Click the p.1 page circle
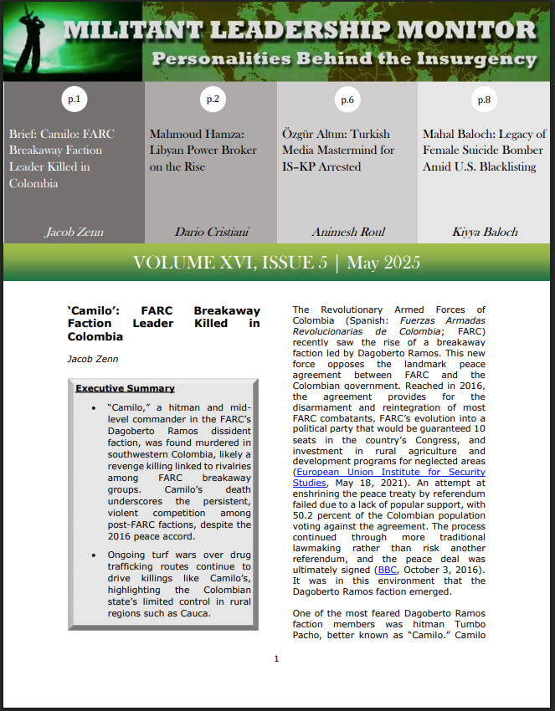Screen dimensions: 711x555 (75, 100)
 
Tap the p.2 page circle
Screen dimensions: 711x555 (213, 100)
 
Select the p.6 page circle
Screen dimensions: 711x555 (347, 100)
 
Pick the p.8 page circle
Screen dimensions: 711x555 (484, 100)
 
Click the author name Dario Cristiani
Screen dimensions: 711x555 (209, 232)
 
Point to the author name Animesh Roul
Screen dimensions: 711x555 (347, 232)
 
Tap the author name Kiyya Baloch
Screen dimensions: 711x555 (484, 232)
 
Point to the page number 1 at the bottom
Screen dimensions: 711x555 (276, 658)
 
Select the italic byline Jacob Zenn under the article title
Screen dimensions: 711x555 (92, 358)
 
